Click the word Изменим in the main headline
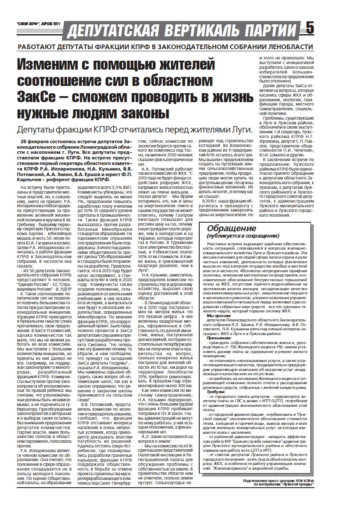pos(50,65)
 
